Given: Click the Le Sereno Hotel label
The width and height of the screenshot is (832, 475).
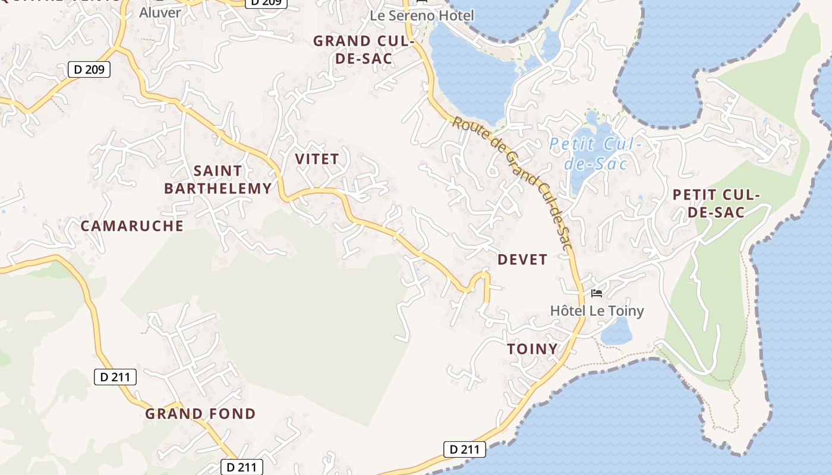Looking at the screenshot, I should click(422, 15).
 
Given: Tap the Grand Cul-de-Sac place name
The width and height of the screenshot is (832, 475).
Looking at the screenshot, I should click(363, 49).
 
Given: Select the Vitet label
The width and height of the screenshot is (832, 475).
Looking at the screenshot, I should click(317, 159).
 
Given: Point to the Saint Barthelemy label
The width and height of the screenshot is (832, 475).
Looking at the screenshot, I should click(218, 180).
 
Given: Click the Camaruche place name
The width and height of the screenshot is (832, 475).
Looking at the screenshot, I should click(132, 226).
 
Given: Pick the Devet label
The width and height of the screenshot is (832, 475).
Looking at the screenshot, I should click(522, 259).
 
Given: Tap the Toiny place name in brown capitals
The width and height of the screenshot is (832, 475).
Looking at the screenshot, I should click(532, 349).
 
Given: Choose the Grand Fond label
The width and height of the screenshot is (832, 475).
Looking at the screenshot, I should click(200, 414).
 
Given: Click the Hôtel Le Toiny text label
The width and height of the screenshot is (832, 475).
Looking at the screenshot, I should click(597, 311).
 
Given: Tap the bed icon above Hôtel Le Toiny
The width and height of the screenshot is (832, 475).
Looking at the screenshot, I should click(597, 293).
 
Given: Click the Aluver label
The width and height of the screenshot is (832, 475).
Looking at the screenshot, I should click(160, 12).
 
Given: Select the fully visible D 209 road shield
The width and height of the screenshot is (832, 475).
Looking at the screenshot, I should click(89, 69).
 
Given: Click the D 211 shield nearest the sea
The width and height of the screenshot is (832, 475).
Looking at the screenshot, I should click(465, 449).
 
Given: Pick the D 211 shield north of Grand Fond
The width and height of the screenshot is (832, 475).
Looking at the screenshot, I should click(115, 376).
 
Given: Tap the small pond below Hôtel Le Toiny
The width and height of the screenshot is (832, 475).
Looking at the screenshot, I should click(616, 332).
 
